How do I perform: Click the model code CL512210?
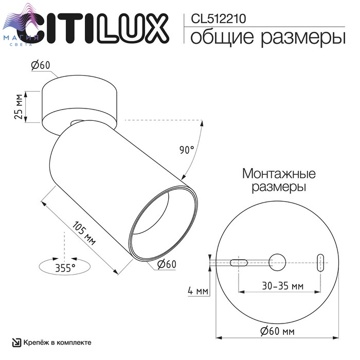219,19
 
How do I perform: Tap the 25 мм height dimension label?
19,106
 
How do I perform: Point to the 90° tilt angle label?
186,150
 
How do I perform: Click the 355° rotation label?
65,268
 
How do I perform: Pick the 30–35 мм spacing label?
283,286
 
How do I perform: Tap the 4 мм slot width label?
198,291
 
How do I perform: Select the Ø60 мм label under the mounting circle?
277,331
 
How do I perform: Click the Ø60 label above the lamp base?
41,65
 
